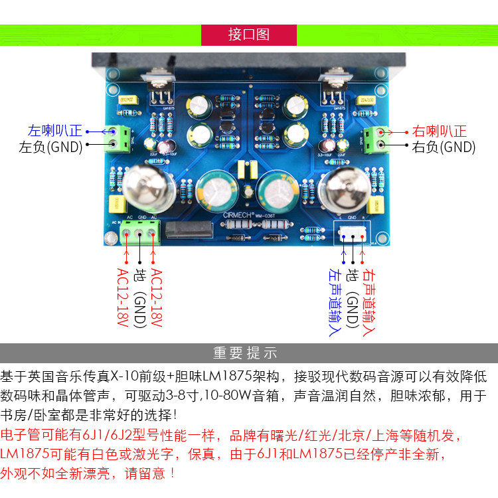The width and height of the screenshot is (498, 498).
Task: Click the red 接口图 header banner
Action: click(248, 35)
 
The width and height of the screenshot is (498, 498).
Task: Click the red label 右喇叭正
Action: click(439, 131)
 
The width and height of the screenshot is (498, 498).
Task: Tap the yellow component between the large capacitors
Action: click(249, 169)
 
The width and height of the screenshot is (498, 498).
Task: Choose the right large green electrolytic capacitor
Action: click(278, 189)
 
